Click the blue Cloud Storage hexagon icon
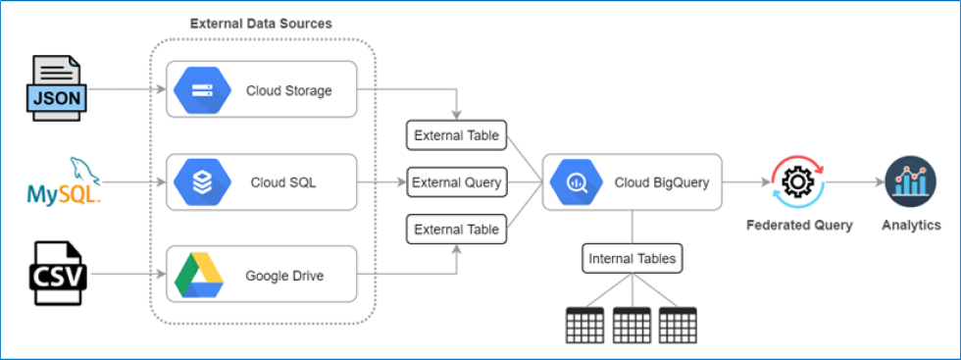(x=201, y=90)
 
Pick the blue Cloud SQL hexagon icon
(x=201, y=181)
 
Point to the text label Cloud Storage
(x=289, y=90)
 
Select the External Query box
(x=457, y=181)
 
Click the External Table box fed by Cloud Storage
(x=457, y=135)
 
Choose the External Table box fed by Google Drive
(x=457, y=230)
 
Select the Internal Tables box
(x=632, y=259)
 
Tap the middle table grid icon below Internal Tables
(x=632, y=325)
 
